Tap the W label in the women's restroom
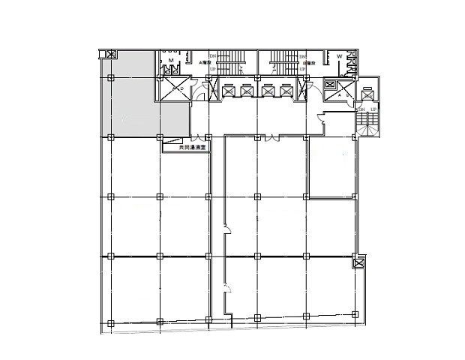(x=339, y=56)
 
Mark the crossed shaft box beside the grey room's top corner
(x=111, y=54)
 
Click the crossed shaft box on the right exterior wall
(x=358, y=263)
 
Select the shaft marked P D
(x=178, y=89)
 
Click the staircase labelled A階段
(x=227, y=64)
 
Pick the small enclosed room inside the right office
(x=330, y=169)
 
